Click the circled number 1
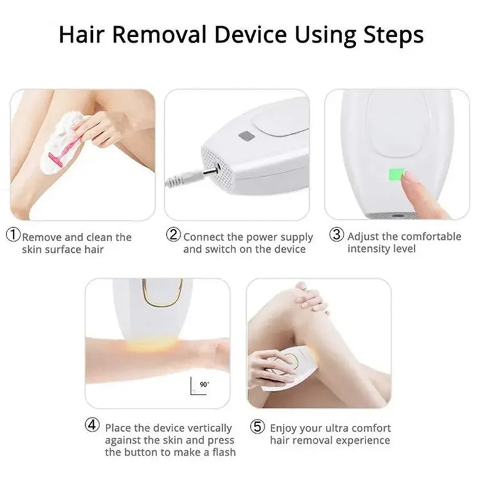point(13,235)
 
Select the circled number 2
point(174,235)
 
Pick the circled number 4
point(94,425)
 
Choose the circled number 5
point(258,425)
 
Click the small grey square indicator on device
point(245,137)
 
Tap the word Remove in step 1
point(42,237)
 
